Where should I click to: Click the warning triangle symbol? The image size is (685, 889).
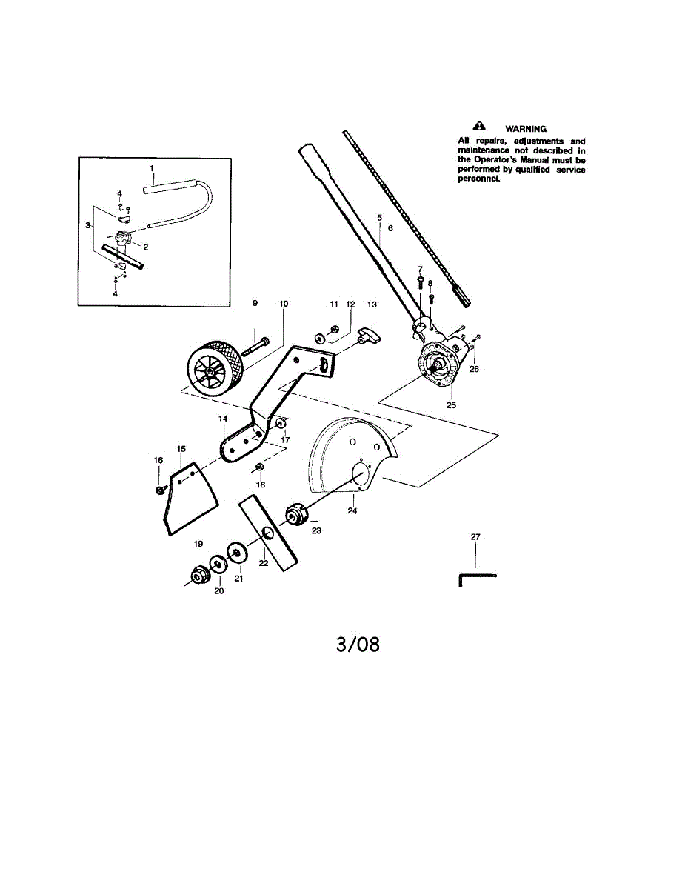click(479, 127)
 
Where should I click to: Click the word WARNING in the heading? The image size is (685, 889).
click(526, 129)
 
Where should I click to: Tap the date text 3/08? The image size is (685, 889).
click(358, 645)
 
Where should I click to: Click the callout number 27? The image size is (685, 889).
click(475, 536)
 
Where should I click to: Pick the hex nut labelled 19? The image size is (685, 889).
click(198, 574)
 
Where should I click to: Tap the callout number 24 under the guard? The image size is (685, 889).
click(352, 510)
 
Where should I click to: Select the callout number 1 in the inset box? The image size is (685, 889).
click(152, 169)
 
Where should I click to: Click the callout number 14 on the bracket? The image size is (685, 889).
click(222, 419)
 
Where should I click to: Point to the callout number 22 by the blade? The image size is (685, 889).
click(262, 564)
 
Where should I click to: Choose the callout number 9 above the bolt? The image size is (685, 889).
click(255, 303)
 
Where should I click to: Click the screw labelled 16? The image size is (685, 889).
click(160, 490)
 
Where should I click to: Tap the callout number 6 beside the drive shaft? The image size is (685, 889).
click(390, 228)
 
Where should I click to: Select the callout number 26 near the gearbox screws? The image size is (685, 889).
click(474, 369)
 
